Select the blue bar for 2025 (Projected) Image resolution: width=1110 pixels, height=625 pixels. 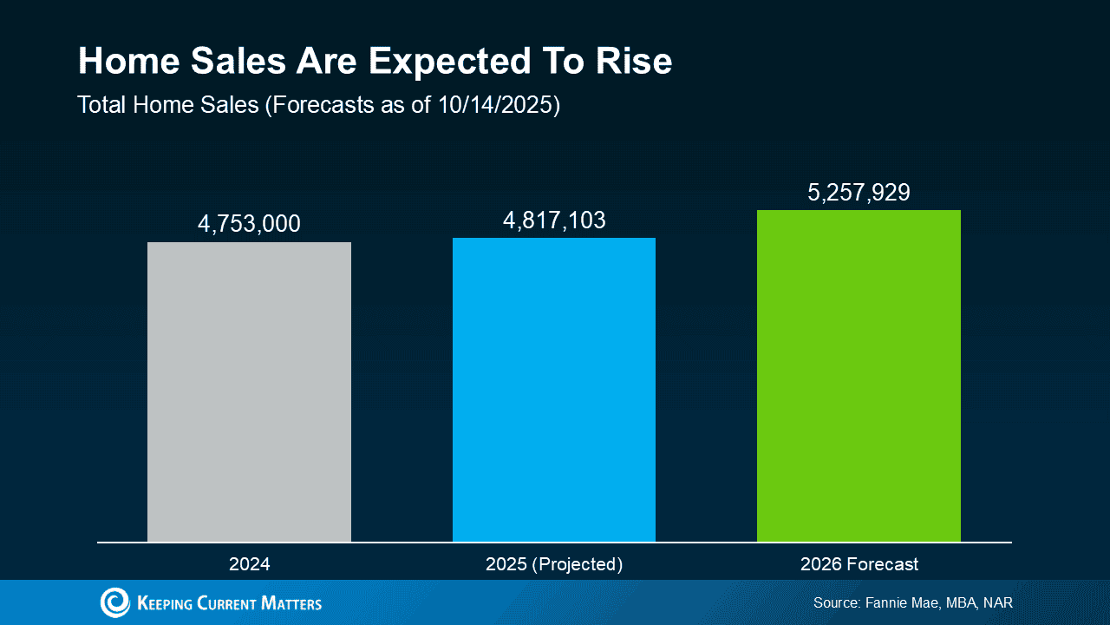[554, 390]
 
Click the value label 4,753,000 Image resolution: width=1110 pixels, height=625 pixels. [249, 224]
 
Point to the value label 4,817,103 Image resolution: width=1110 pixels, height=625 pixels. [554, 220]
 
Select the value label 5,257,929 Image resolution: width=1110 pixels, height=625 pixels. [859, 192]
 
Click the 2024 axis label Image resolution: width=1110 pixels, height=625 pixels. [249, 564]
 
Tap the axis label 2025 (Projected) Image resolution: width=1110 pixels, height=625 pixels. [554, 564]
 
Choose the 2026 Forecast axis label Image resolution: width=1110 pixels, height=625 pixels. [859, 564]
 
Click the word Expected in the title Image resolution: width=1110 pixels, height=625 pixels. [449, 62]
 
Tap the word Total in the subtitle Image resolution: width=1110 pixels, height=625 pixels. [102, 105]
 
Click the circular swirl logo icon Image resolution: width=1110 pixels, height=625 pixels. [114, 602]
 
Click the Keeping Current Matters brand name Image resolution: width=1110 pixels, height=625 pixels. [229, 602]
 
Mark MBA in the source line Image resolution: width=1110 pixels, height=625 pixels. [957, 602]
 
